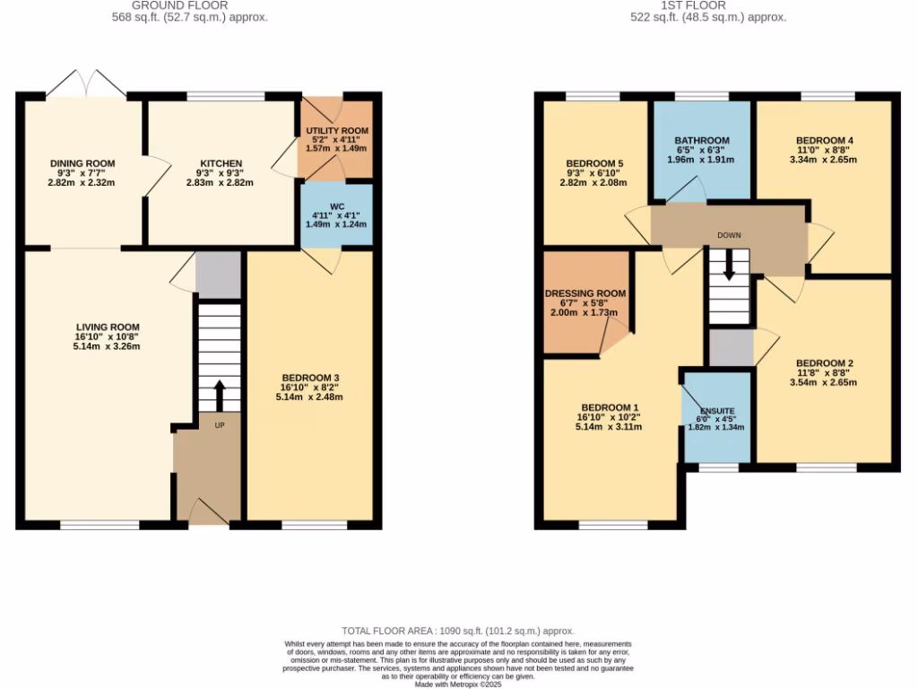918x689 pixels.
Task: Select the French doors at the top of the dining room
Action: point(86,84)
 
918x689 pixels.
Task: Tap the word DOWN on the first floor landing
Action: point(729,235)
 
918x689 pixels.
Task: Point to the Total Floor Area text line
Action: point(458,632)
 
